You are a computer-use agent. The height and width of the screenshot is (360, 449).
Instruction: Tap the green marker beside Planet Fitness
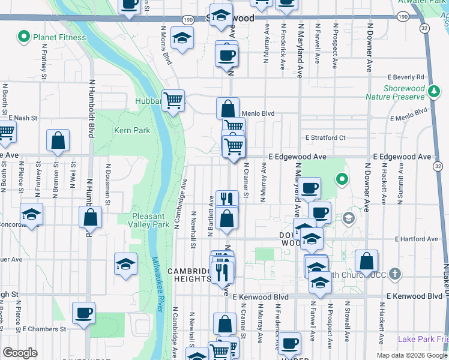pyautogui.click(x=24, y=37)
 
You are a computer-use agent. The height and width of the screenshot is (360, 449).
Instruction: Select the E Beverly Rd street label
pyautogui.click(x=406, y=77)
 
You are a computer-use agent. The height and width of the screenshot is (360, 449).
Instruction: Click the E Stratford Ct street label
pyautogui.click(x=325, y=137)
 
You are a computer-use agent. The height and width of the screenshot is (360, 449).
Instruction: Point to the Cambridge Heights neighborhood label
pyautogui.click(x=191, y=277)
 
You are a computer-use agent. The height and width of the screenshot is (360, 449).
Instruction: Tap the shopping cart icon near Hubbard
pyautogui.click(x=173, y=101)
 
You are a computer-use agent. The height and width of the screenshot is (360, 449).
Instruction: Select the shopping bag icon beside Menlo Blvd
pyautogui.click(x=228, y=109)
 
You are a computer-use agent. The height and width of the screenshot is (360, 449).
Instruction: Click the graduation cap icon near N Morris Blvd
pyautogui.click(x=181, y=38)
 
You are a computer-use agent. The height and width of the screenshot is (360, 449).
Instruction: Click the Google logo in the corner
pyautogui.click(x=20, y=353)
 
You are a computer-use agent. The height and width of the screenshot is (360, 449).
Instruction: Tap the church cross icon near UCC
pyautogui.click(x=394, y=274)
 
